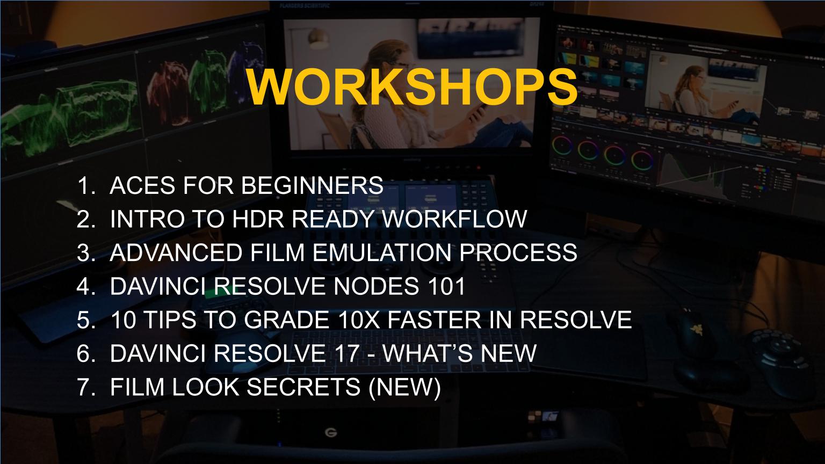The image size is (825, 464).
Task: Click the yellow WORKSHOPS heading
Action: click(412, 87)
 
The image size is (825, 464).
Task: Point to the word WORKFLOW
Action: click(454, 219)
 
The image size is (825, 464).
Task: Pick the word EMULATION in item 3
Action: click(382, 252)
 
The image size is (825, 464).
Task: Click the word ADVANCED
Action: click(176, 252)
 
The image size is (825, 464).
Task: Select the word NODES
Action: click(376, 286)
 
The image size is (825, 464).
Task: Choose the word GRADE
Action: click(286, 320)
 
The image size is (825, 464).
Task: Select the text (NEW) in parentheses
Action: click(404, 387)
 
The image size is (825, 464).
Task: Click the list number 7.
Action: click(86, 387)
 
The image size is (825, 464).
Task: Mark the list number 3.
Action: click(86, 252)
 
